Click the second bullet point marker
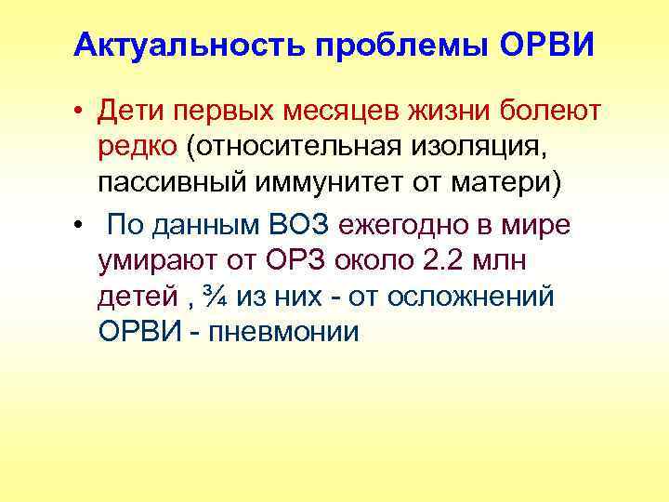point(82,226)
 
